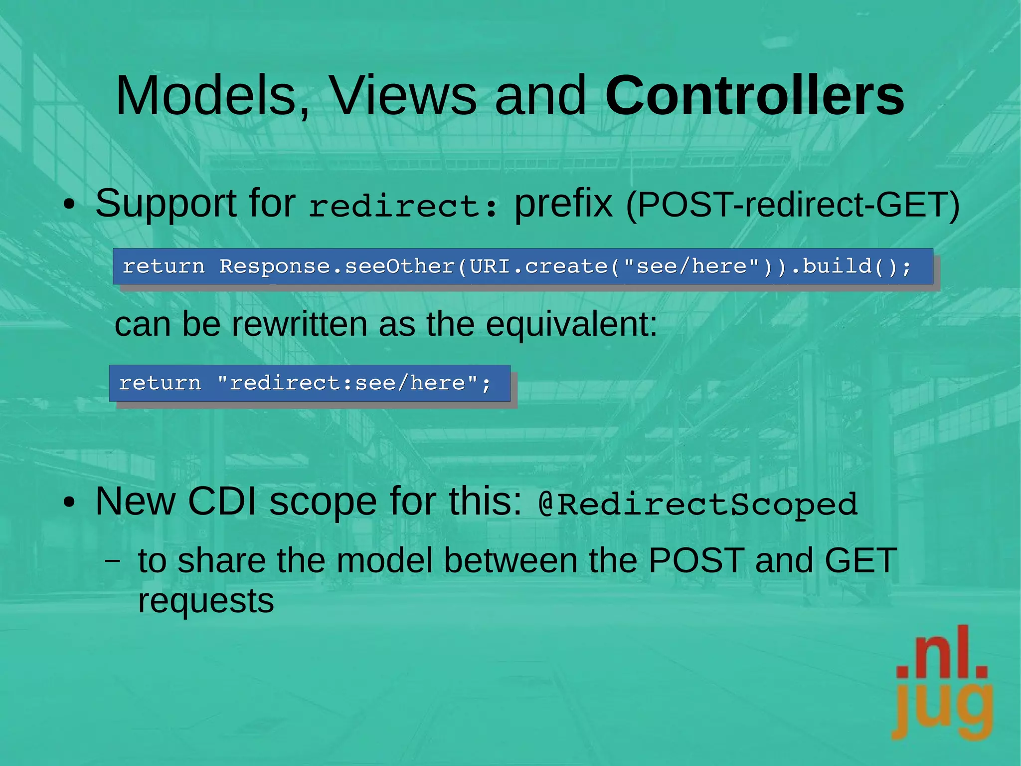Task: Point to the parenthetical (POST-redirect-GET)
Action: pos(792,205)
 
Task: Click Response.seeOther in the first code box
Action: pos(337,266)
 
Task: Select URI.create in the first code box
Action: pos(538,266)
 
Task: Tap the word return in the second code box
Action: pos(160,383)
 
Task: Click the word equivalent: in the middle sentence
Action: pos(571,324)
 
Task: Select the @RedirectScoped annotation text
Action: pos(698,504)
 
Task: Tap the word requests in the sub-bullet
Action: pos(206,601)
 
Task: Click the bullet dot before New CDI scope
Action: pos(69,503)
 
